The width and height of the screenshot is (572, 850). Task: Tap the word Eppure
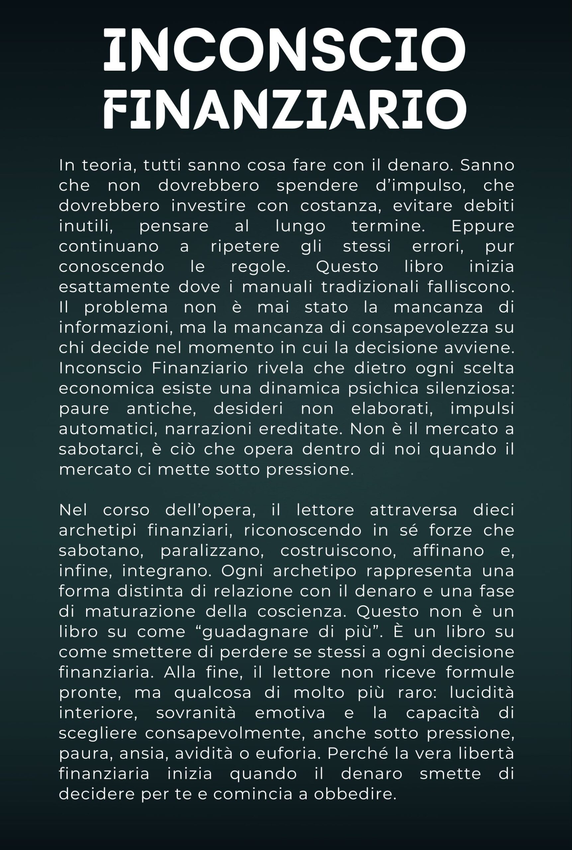click(483, 226)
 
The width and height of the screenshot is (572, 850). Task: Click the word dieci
click(493, 510)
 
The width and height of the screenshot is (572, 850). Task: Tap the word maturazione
click(141, 612)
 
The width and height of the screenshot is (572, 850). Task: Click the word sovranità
click(196, 713)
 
